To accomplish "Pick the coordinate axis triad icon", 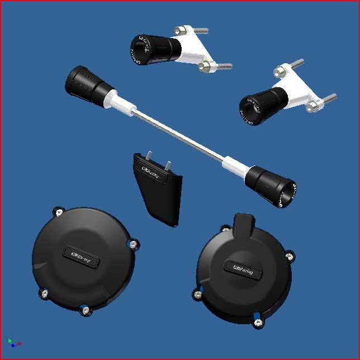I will pyautogui.click(x=13, y=342).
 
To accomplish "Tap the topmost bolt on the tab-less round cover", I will pyautogui.click(x=58, y=211).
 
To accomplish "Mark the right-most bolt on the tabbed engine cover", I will pyautogui.click(x=289, y=256).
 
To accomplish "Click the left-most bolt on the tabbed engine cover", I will pyautogui.click(x=197, y=293).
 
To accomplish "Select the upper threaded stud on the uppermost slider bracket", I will pyautogui.click(x=193, y=30).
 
